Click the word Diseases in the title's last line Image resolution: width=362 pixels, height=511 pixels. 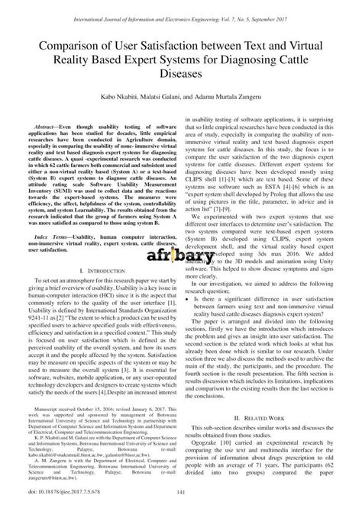[x=181, y=76]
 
